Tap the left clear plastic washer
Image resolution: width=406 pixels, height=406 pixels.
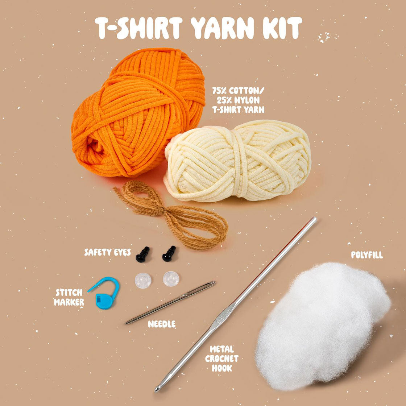pos(143,281)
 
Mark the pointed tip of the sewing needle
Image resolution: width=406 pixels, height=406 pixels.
pos(126,323)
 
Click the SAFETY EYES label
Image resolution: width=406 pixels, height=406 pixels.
pos(107,252)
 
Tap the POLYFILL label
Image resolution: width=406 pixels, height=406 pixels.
pos(367,255)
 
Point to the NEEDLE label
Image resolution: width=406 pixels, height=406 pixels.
pos(162,324)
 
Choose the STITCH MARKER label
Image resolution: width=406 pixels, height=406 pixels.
pos(69,297)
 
